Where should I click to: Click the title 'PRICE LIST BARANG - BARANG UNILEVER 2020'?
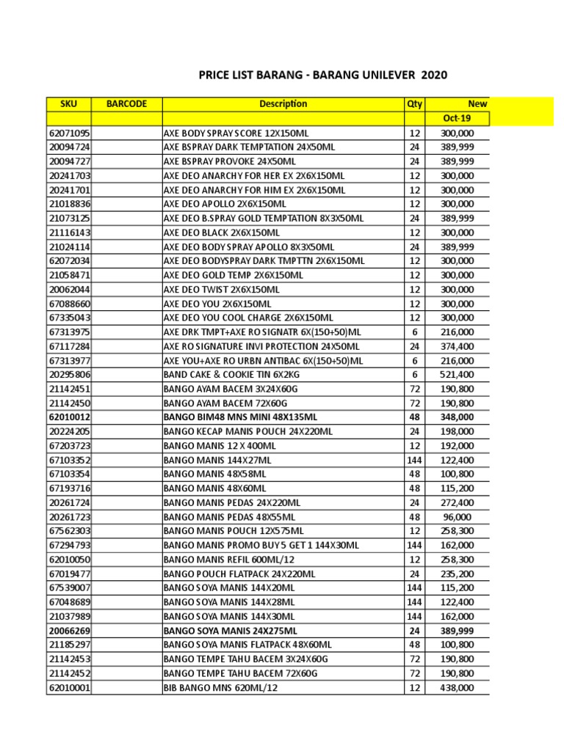(323, 76)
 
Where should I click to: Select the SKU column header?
(68, 104)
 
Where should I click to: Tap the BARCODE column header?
(126, 104)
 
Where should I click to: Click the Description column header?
(283, 104)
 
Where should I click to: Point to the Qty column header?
(414, 104)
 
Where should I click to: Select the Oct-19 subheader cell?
(457, 119)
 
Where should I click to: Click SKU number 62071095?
(69, 133)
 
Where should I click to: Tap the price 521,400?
(457, 375)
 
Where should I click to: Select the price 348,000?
(457, 417)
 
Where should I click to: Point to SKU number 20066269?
(69, 631)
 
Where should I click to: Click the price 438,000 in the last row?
(457, 688)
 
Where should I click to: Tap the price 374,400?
(457, 346)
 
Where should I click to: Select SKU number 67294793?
(69, 546)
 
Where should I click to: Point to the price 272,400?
(457, 503)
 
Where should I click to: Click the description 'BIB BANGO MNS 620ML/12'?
(220, 688)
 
